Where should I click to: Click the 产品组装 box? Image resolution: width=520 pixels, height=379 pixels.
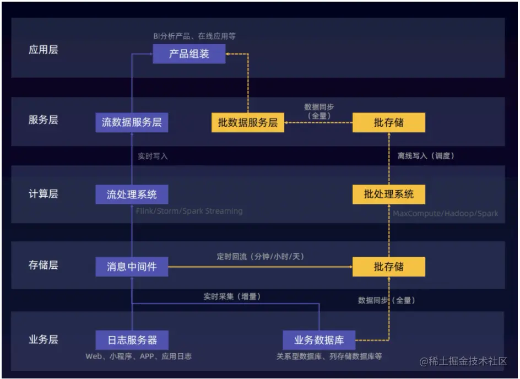click(x=189, y=54)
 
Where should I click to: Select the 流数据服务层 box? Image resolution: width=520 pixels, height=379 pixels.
click(x=132, y=122)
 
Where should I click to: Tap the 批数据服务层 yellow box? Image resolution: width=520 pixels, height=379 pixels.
click(x=248, y=122)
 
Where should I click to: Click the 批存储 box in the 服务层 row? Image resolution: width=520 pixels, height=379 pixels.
click(x=388, y=122)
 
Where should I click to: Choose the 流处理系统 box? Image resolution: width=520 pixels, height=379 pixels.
click(x=132, y=194)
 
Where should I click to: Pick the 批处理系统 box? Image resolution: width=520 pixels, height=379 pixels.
click(x=388, y=194)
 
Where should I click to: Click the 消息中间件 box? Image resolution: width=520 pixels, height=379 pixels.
click(x=132, y=267)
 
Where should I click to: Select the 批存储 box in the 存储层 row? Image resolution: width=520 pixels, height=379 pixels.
click(x=388, y=267)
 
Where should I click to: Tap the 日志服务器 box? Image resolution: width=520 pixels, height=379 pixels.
click(x=132, y=339)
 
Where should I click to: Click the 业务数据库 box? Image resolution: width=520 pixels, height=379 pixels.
click(x=319, y=339)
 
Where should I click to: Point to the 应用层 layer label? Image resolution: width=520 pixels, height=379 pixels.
click(x=43, y=50)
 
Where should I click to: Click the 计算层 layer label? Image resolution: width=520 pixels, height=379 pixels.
click(x=43, y=194)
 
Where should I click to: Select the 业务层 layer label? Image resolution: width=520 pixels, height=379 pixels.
click(x=43, y=339)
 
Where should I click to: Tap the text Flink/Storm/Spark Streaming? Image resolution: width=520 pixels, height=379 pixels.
click(x=189, y=211)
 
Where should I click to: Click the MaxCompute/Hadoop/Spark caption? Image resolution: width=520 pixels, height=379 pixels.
click(x=445, y=213)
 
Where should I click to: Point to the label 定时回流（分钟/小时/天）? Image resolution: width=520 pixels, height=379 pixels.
click(x=261, y=257)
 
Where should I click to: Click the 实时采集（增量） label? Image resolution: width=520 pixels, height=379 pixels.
click(x=232, y=296)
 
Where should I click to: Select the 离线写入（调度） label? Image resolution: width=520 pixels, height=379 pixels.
click(x=426, y=156)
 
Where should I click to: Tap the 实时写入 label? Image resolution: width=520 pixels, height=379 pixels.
click(x=153, y=156)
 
